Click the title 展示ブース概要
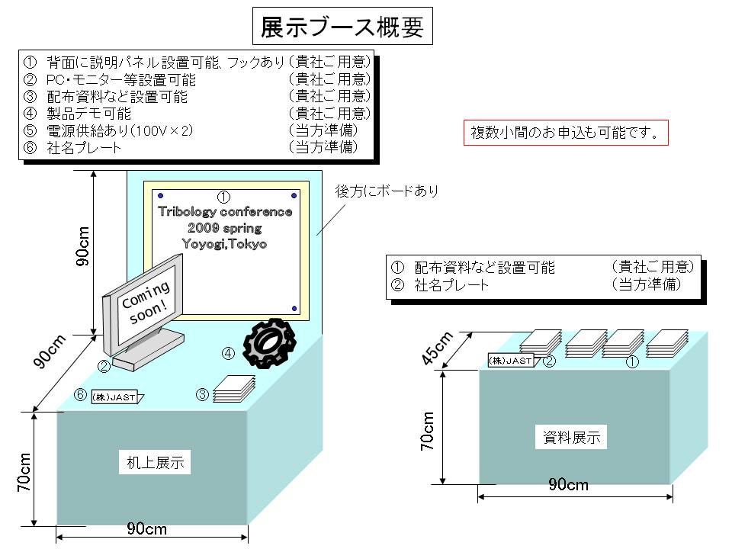342,26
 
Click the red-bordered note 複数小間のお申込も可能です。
565,133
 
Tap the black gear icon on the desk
269,343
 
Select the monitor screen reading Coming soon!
147,303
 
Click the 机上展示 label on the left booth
155,462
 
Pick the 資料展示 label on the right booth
571,437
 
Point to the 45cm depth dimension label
437,348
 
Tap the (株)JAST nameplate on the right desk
511,361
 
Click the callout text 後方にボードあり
387,191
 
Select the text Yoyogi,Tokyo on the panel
224,244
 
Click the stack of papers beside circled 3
234,389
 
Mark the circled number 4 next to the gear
228,353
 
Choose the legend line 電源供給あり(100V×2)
120,130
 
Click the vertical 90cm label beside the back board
82,246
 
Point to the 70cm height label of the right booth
427,431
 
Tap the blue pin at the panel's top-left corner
161,196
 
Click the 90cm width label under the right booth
568,485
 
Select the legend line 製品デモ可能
88,114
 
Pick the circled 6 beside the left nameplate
81,395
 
